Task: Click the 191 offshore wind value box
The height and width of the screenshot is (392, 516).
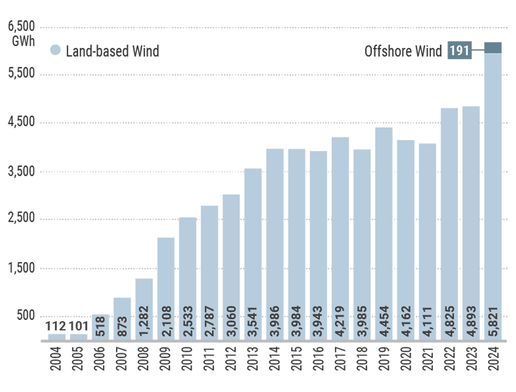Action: coord(459,51)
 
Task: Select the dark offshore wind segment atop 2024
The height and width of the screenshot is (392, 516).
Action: coord(493,47)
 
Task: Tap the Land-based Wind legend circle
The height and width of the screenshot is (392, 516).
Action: coord(56,50)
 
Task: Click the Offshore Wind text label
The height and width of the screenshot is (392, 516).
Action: coord(403,51)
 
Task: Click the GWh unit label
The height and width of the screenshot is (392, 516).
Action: coord(23,41)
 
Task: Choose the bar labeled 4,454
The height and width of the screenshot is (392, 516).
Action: coord(384,234)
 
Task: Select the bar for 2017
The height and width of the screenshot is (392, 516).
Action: coord(340,239)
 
